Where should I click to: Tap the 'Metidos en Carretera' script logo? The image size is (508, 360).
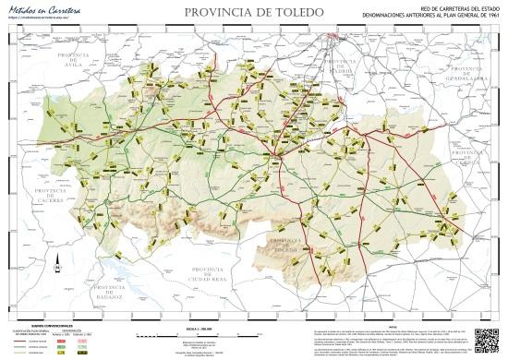coord(41,8)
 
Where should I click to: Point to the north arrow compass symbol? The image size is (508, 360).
coord(30,269)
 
